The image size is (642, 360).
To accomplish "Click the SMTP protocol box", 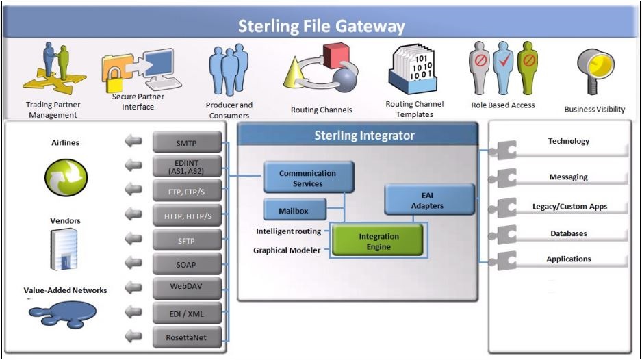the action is [187, 142].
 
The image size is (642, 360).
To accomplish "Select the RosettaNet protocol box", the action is [187, 337].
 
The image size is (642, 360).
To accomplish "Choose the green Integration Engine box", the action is [377, 241].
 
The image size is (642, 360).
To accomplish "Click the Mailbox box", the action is [295, 209].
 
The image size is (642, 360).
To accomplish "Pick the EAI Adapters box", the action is [429, 200].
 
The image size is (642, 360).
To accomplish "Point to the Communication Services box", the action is [308, 177].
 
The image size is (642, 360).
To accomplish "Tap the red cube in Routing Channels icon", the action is [335, 55].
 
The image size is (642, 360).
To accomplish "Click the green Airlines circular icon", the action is [66, 178].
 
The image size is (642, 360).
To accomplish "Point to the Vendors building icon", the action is [64, 249].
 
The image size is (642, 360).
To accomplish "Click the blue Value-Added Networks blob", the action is [63, 313].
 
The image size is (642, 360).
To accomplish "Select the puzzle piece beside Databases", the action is [503, 234].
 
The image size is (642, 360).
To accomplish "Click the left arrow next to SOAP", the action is [133, 263].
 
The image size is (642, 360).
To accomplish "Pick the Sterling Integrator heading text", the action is [364, 135].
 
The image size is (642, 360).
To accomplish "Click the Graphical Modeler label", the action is [287, 250].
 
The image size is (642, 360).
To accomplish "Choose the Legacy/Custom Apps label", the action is [569, 207].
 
